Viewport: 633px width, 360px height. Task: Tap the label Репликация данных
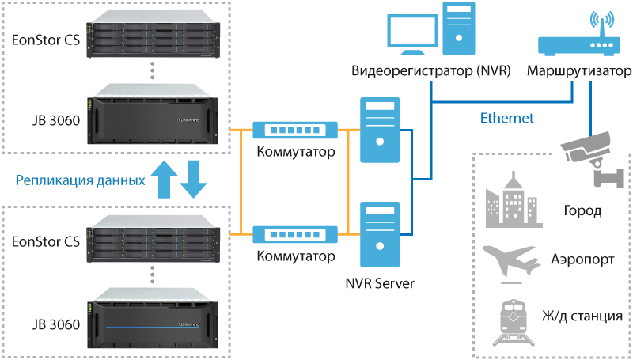coord(81,180)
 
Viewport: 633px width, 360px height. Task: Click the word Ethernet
coord(507,119)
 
